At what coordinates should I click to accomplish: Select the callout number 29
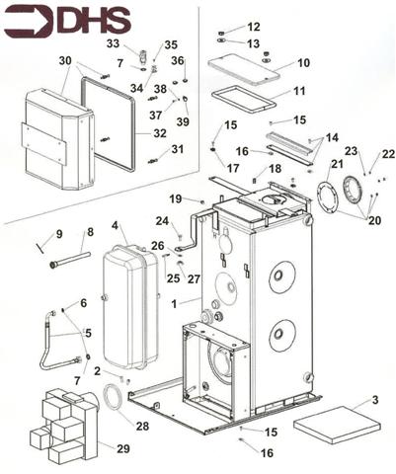123,448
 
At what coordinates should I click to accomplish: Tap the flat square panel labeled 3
337,425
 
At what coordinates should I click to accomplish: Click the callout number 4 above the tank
115,226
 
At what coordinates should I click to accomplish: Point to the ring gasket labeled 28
112,397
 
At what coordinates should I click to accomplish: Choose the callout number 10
303,62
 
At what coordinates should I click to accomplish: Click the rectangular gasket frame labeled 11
244,99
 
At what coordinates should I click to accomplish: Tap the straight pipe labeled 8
70,260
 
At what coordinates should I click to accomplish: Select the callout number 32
160,133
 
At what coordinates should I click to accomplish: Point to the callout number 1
174,304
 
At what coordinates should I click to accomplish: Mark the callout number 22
388,154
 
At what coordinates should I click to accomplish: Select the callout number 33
113,43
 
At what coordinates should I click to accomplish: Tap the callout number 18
276,169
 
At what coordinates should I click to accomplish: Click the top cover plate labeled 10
244,69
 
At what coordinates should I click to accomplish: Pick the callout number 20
374,220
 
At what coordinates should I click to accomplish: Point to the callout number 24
162,221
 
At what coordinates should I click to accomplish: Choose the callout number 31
178,149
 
